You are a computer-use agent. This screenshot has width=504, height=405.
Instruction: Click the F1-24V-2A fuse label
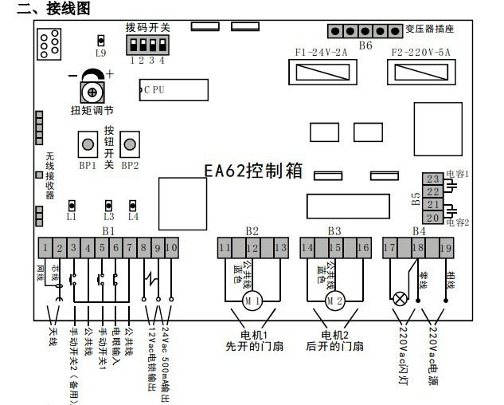(321, 53)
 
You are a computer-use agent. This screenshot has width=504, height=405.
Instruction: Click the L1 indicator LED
(72, 205)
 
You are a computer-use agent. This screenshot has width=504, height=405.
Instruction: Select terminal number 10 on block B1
(172, 249)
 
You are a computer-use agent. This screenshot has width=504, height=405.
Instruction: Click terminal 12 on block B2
(252, 249)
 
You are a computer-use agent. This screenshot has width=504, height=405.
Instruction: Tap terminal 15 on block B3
(334, 249)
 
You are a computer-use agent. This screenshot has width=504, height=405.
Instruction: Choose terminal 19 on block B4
(445, 249)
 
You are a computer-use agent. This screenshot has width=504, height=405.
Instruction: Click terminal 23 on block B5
(432, 179)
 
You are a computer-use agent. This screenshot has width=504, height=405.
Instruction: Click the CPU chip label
(154, 91)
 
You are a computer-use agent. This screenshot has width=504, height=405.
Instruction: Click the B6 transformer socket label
(365, 45)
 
